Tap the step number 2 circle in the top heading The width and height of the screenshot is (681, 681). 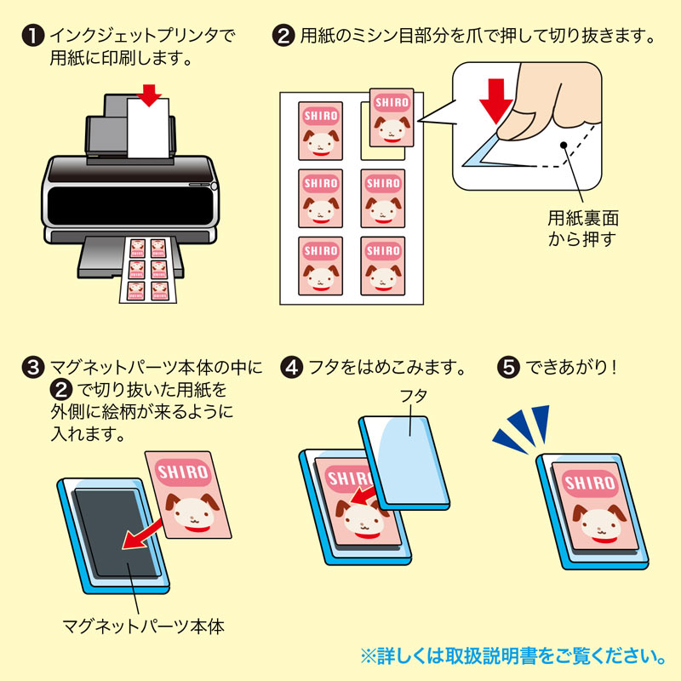point(283,37)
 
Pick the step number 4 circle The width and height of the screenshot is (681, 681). point(292,369)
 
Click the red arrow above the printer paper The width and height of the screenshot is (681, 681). point(150,94)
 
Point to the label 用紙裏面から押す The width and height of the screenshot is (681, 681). point(579,228)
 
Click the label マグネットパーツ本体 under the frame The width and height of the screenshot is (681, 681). point(143,627)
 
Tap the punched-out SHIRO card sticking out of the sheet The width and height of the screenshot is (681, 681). point(392,116)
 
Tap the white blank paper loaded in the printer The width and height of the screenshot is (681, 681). point(149,129)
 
